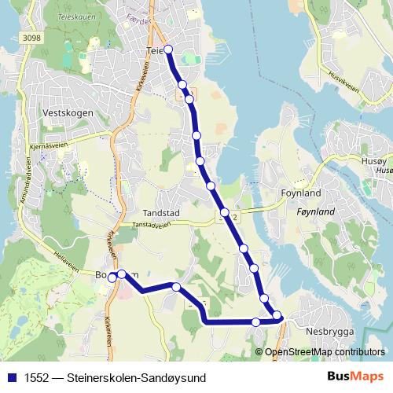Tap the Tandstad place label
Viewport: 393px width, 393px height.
pos(163,212)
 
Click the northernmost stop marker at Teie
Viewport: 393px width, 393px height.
pos(167,50)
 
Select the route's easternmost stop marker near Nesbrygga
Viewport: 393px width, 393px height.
pos(277,316)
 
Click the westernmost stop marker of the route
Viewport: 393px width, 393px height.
pos(112,277)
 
